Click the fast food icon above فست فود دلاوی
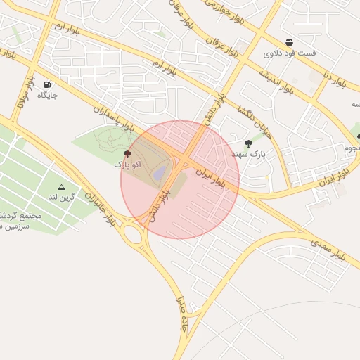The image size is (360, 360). (290, 43)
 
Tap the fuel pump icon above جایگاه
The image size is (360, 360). (47, 84)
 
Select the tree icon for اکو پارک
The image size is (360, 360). (127, 154)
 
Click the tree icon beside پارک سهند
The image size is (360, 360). (247, 143)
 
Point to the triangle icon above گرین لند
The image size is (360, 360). (62, 187)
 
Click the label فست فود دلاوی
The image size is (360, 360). (290, 53)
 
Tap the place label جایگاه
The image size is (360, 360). (47, 94)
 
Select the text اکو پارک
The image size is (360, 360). (127, 164)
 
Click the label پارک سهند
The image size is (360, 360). (248, 153)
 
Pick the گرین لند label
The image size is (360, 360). (61, 198)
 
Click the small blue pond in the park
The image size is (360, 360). (160, 172)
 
